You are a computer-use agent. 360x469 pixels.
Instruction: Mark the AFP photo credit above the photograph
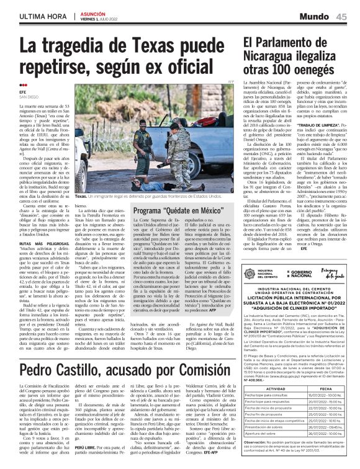(232, 81)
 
